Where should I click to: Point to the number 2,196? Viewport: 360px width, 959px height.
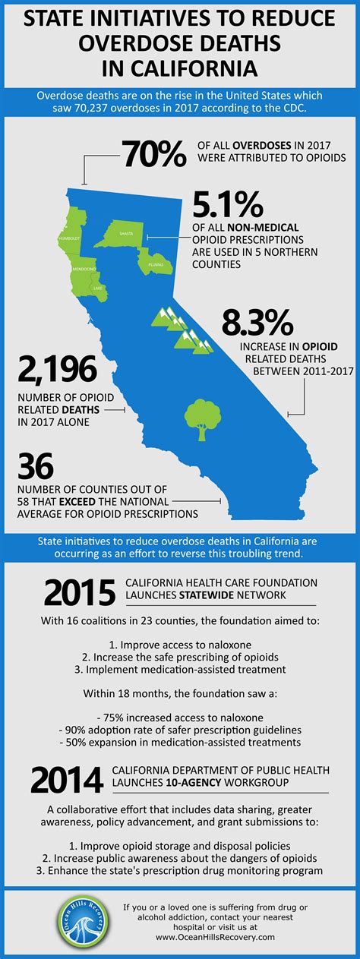coord(57,370)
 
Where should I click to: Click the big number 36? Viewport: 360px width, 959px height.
coord(36,466)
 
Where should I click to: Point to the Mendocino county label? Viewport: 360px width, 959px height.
coord(84,269)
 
